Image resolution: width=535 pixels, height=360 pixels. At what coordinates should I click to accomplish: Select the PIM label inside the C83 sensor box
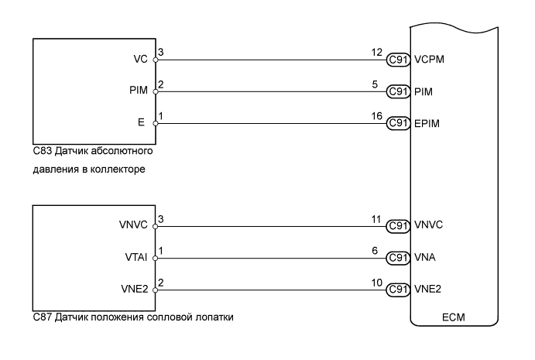[140, 91]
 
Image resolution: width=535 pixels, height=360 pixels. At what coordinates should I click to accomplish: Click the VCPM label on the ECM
[430, 59]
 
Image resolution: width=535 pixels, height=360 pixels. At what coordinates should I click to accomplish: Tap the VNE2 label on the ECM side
[427, 290]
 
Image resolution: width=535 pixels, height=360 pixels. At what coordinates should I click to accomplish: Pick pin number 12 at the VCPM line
[376, 51]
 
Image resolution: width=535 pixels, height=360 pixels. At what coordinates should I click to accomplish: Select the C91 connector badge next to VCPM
[398, 59]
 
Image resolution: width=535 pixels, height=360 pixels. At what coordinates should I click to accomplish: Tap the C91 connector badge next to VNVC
[398, 225]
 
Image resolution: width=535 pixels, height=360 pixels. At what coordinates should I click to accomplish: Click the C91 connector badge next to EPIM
[398, 122]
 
